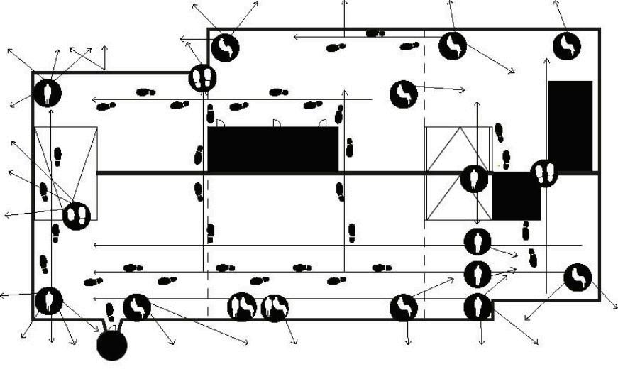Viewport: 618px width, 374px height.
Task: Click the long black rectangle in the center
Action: [x=273, y=149]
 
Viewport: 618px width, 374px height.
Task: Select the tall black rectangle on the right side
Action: [x=570, y=126]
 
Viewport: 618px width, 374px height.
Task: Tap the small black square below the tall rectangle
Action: [x=516, y=196]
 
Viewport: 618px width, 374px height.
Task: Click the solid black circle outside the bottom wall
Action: [x=111, y=345]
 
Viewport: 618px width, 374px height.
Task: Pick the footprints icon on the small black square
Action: [x=544, y=173]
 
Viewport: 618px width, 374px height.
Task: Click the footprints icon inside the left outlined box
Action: [x=76, y=215]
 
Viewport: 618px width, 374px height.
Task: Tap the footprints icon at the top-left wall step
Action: [x=202, y=77]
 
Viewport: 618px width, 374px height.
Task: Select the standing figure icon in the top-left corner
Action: [x=48, y=93]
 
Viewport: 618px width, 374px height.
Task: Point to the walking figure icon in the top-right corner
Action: [x=567, y=46]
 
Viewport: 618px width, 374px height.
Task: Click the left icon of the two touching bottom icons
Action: [x=241, y=307]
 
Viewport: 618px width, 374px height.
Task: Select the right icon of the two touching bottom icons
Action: [x=274, y=307]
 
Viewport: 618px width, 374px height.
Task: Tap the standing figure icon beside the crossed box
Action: [x=474, y=178]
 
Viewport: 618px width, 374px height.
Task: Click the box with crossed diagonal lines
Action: [x=458, y=173]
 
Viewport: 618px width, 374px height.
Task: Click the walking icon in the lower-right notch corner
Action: [x=577, y=276]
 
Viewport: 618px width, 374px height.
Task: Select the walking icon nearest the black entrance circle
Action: [x=137, y=307]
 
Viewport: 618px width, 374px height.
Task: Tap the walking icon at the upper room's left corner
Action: [x=225, y=48]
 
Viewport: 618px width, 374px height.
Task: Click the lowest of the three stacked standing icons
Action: [x=478, y=307]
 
